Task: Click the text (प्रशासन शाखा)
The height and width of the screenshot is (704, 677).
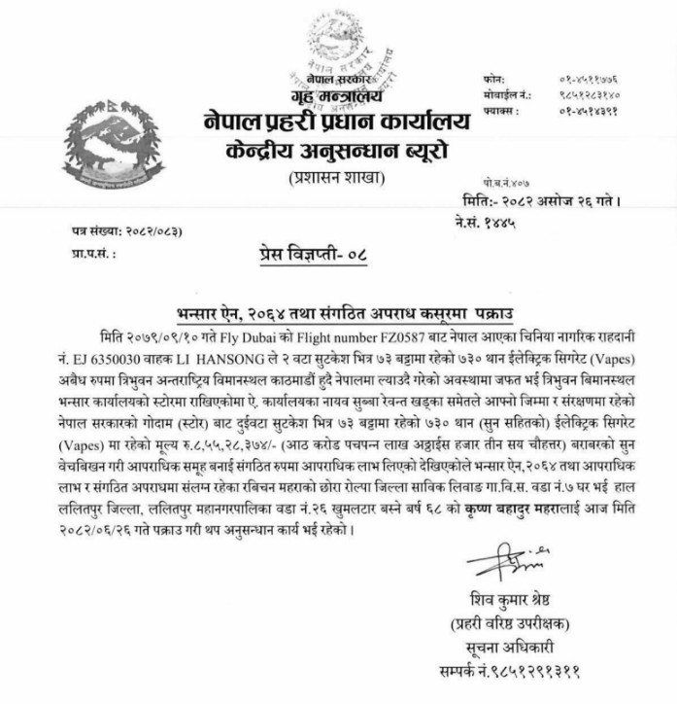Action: (x=336, y=178)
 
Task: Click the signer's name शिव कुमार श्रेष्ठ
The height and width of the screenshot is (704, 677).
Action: (x=504, y=597)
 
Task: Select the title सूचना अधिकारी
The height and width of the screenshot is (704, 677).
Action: (x=505, y=646)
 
